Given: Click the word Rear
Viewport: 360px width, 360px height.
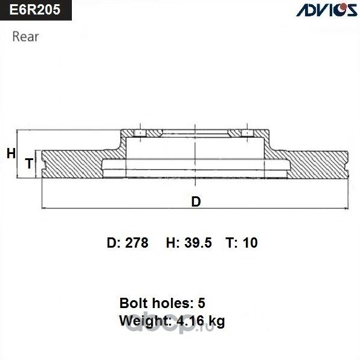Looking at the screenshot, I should [25, 36].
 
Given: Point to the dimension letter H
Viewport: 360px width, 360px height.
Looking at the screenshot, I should [10, 153].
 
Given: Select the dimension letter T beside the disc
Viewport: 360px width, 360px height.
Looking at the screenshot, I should [28, 163].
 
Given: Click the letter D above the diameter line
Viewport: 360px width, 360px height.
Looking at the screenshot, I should [195, 202].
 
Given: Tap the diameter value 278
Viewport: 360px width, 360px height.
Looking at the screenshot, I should [136, 243].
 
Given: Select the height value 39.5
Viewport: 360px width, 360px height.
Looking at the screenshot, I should [198, 243].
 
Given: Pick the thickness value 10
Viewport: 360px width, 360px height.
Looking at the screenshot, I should [250, 243].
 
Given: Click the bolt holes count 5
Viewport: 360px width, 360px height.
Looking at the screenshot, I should [210, 303].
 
